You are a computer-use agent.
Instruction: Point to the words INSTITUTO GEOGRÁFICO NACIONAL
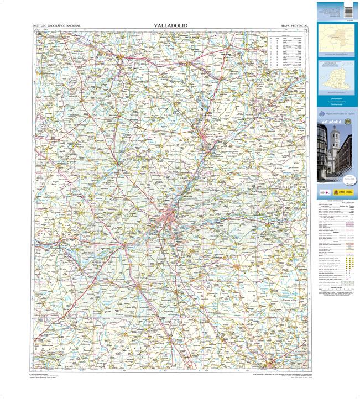(56, 26)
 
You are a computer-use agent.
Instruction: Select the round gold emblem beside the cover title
(349, 118)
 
